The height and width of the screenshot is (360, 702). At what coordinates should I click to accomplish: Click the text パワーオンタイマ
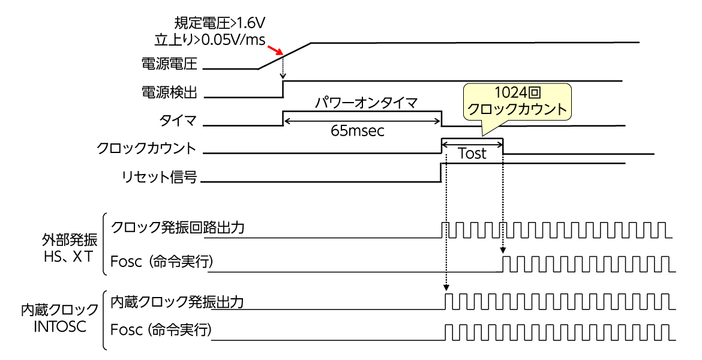361,103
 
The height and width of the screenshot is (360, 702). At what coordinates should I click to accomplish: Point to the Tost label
472,154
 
